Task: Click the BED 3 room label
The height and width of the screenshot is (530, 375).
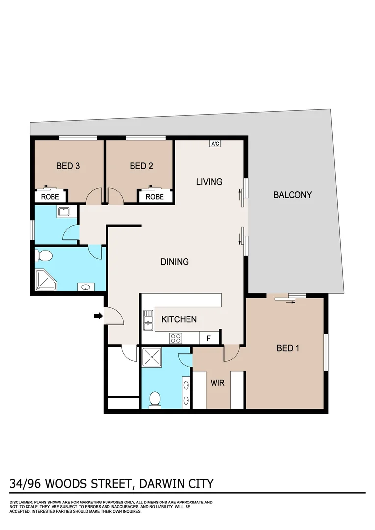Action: tap(68, 166)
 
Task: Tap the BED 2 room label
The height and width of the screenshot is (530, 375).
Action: tap(141, 166)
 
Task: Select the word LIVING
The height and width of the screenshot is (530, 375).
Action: tap(209, 182)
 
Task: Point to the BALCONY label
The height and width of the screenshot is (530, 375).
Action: tap(293, 195)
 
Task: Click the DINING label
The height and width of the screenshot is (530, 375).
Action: tap(175, 262)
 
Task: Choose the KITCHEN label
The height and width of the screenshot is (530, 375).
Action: tap(179, 319)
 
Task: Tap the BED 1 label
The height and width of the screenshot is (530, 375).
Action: tap(288, 348)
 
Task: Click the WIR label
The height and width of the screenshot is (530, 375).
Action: tap(217, 383)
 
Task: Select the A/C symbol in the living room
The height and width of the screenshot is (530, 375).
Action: tap(215, 144)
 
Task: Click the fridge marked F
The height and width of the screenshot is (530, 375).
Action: tap(208, 338)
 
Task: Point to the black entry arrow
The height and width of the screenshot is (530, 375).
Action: tap(98, 316)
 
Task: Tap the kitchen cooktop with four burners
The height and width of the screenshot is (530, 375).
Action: tap(176, 338)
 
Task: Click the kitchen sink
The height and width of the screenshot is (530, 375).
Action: tap(148, 320)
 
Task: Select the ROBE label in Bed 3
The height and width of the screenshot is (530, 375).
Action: tap(50, 197)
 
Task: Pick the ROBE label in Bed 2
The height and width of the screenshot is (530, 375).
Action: tap(155, 197)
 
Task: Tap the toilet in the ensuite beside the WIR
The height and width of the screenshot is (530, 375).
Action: tap(155, 399)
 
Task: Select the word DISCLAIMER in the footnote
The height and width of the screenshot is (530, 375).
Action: tap(21, 503)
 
